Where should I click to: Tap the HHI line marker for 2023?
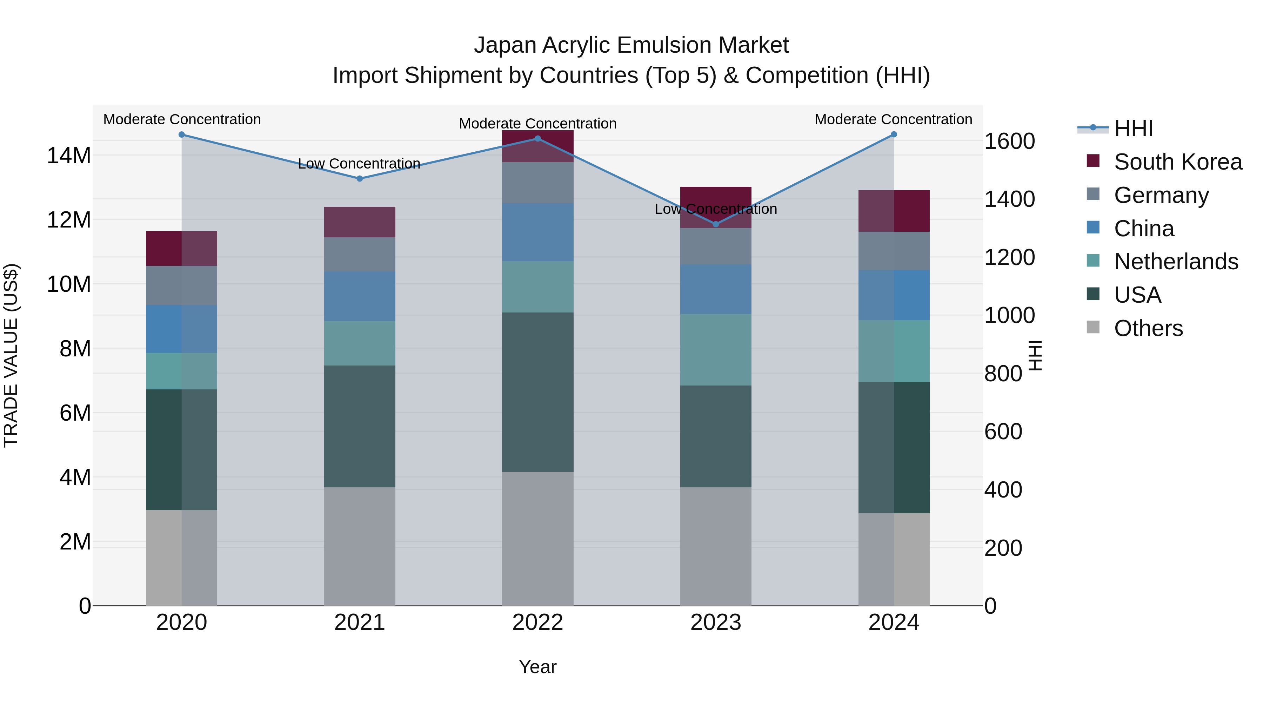(715, 224)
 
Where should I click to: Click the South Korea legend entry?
(1177, 162)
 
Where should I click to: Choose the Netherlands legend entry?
(1176, 262)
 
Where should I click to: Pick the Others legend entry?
(1148, 328)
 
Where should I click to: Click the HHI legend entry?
(1132, 129)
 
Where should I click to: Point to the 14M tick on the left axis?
(69, 156)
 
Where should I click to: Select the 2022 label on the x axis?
(537, 623)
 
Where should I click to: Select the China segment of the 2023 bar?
(715, 289)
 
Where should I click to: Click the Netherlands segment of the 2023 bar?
(715, 349)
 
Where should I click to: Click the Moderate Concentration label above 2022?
(537, 124)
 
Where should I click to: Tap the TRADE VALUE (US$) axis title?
(11, 355)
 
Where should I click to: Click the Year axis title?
(537, 667)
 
